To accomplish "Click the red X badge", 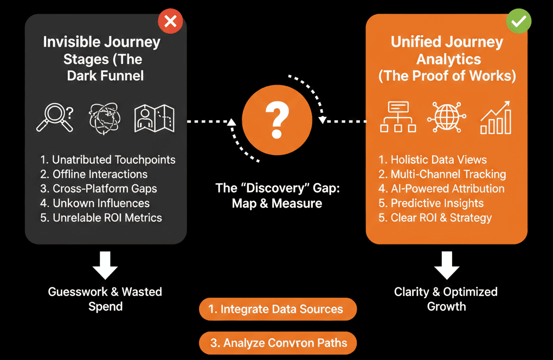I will [x=170, y=22].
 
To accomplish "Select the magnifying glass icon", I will [x=55, y=118].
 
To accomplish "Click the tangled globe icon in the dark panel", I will [x=105, y=118].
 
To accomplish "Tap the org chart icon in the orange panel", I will [x=398, y=118].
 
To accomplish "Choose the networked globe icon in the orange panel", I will [x=446, y=118].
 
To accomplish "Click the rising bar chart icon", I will [x=495, y=117].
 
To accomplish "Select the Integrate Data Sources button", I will [x=278, y=309].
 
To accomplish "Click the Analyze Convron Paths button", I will [x=278, y=343].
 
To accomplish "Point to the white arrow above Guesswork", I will [x=106, y=265].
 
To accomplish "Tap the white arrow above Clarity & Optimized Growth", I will [x=446, y=265].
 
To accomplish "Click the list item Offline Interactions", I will [x=100, y=174].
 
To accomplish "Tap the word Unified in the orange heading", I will [x=416, y=42].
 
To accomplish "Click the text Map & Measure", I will [x=277, y=203].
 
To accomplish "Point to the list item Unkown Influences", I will [x=101, y=203].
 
